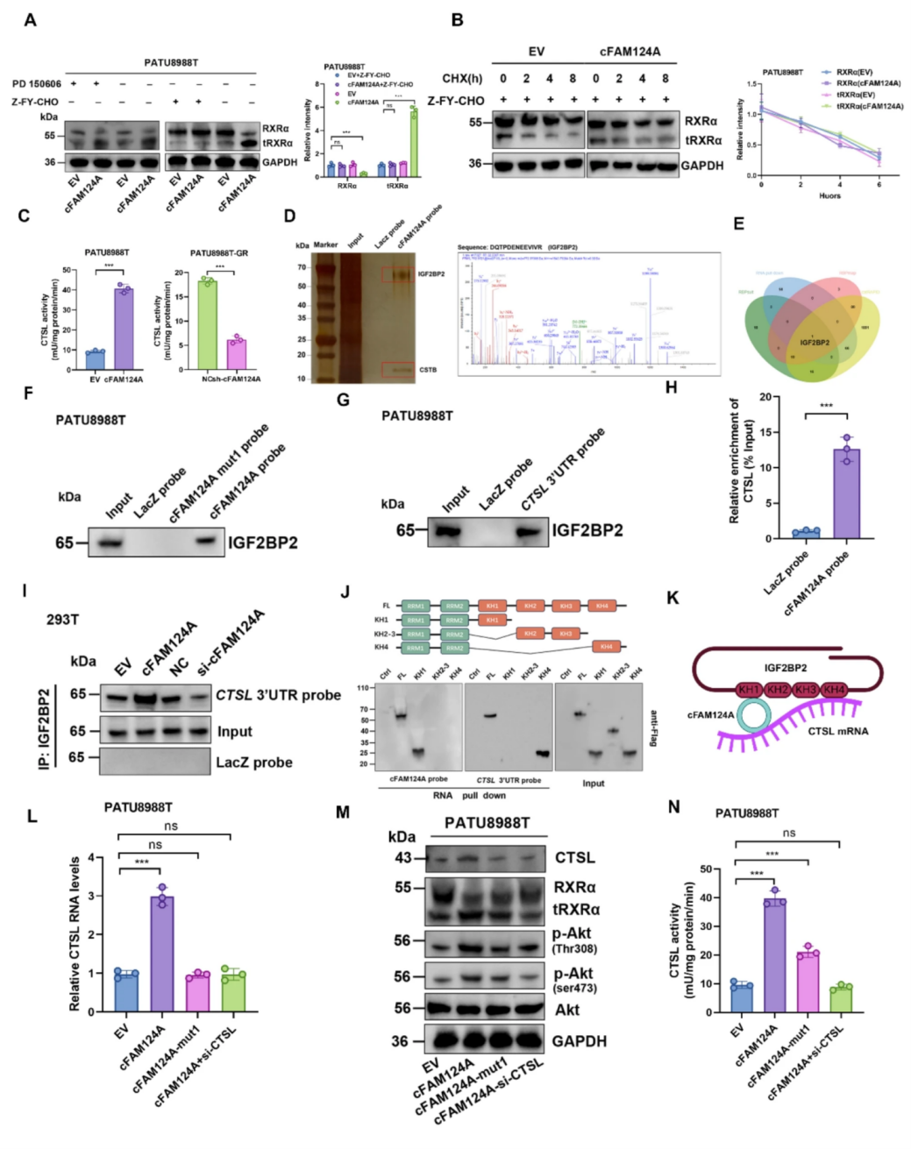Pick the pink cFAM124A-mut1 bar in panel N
pos(807,983)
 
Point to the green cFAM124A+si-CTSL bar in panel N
pos(841,1000)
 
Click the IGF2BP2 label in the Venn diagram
pos(815,342)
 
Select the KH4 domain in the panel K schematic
pos(833,690)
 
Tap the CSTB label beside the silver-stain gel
pos(428,370)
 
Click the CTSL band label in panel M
pos(574,857)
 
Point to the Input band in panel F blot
pos(114,543)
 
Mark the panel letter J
pos(345,592)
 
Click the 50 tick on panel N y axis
pos(727,869)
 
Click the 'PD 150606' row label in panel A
pos(37,84)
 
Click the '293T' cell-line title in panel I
pos(62,620)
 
